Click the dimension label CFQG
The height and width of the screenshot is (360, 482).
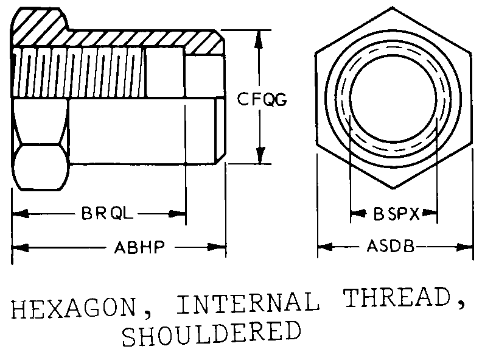262,99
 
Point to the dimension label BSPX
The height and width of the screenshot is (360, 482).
394,214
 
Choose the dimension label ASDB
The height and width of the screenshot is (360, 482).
390,247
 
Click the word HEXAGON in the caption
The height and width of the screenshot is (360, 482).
73,309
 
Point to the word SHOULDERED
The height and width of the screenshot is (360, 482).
211,334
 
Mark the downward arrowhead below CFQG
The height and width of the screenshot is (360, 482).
260,157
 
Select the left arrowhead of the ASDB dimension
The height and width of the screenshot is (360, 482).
324,247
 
